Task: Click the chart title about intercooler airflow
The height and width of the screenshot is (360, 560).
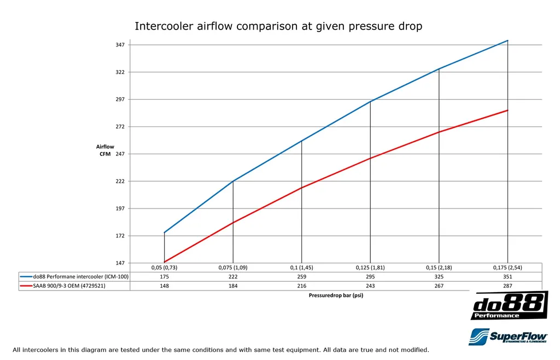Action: [278, 26]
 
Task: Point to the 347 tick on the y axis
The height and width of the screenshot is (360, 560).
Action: [120, 45]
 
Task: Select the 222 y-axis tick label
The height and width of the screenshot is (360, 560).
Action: [120, 181]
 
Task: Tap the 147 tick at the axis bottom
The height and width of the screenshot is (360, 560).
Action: [120, 263]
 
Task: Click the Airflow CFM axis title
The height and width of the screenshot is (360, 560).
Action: [104, 150]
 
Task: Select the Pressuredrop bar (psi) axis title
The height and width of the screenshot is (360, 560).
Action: [336, 295]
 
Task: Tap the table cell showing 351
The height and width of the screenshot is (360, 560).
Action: [507, 277]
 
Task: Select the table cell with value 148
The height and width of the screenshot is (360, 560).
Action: [164, 286]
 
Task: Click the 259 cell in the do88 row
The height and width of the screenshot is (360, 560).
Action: [301, 277]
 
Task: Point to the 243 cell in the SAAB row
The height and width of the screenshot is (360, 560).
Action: [370, 286]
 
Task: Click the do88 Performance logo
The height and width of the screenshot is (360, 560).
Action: [509, 305]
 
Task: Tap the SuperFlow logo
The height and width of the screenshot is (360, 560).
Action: [508, 336]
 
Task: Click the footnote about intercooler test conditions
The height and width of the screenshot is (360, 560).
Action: [221, 350]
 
